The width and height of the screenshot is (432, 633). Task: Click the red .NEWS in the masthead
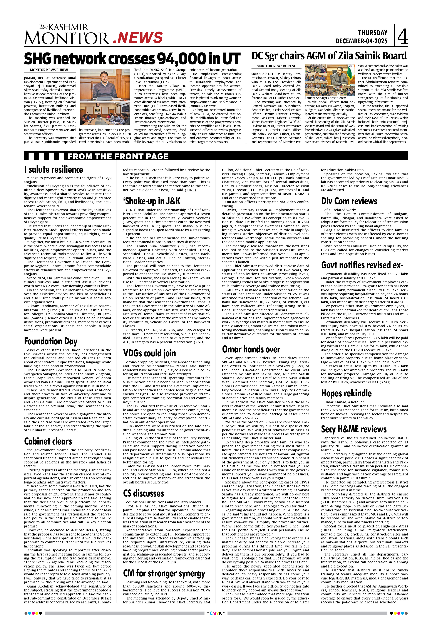pyautogui.click(x=138, y=38)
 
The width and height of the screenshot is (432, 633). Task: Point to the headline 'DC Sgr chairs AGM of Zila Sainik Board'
pyautogui.click(x=329, y=56)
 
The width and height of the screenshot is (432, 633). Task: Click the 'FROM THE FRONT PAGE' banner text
pyautogui.click(x=118, y=156)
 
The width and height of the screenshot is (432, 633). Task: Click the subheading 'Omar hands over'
pyautogui.click(x=251, y=349)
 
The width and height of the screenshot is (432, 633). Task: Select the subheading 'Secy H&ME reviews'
pyautogui.click(x=354, y=429)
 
